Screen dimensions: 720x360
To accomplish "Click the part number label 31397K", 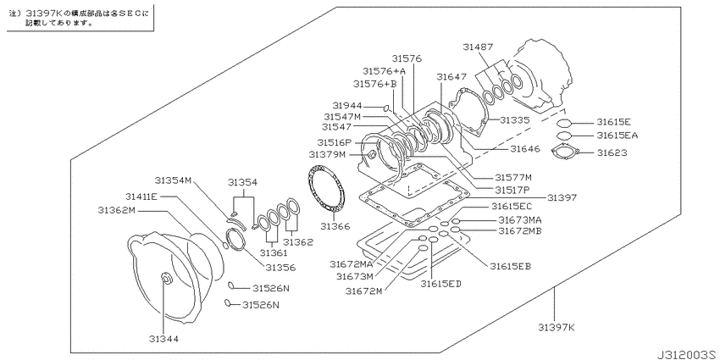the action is point(557,328).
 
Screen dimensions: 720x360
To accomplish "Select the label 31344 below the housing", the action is point(163,339).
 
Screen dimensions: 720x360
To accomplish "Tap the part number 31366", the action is point(335,226).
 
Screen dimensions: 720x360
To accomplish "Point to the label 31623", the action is point(612,152).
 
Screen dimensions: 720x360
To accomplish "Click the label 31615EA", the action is point(618,135).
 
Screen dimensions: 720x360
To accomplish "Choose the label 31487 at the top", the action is point(478,47).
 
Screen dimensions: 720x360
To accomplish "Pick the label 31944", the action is point(347,105).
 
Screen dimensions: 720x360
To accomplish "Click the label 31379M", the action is point(327,154).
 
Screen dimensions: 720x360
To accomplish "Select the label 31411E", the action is point(141,197).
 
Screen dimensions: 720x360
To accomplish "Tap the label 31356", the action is point(280,268).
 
